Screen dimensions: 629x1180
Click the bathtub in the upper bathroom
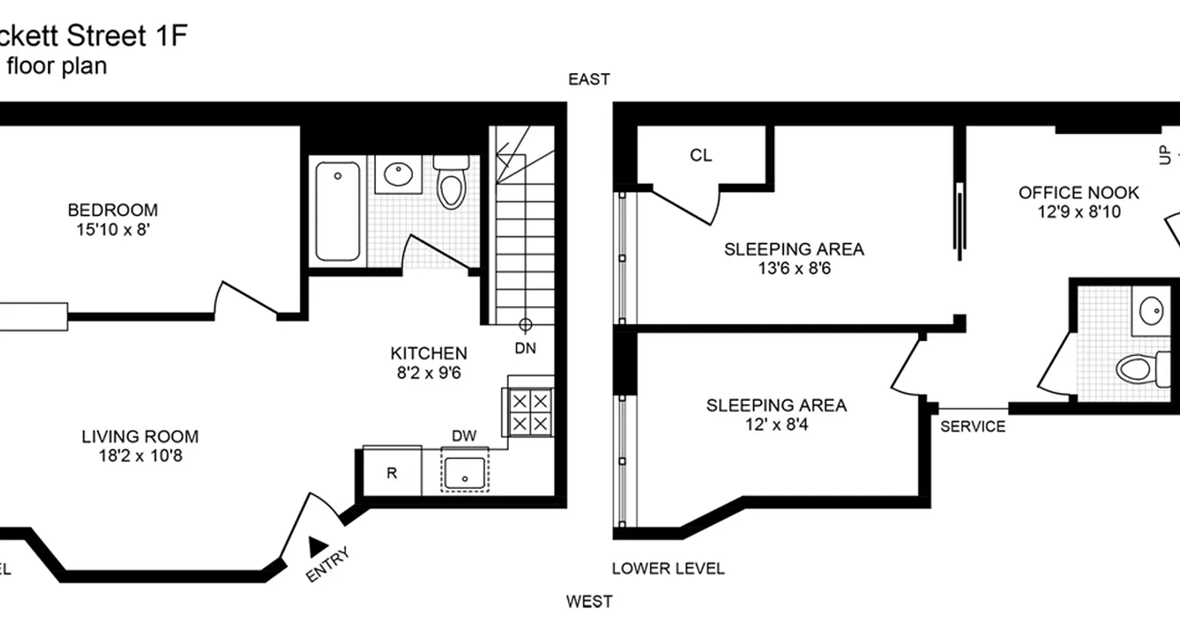tap(338, 211)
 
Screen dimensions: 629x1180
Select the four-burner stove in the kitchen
tap(529, 412)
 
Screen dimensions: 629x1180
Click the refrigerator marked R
tap(391, 473)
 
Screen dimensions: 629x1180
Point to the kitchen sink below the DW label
tap(465, 472)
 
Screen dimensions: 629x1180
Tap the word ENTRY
tap(326, 565)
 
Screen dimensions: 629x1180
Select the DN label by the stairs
tap(525, 348)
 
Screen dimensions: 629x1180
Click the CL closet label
tap(701, 156)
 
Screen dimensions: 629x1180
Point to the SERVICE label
tap(973, 427)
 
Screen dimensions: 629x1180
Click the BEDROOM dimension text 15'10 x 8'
tap(112, 230)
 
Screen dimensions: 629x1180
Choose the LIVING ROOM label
tap(140, 436)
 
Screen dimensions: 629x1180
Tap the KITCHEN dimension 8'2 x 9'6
tap(429, 373)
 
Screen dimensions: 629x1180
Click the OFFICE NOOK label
tap(1079, 193)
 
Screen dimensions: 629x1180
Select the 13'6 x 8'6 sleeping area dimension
tap(794, 269)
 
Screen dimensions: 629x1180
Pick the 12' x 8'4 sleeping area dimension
tap(776, 425)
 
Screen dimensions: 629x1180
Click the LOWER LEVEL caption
tap(668, 568)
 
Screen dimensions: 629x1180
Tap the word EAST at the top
tap(590, 79)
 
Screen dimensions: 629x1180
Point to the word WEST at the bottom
tap(589, 602)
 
